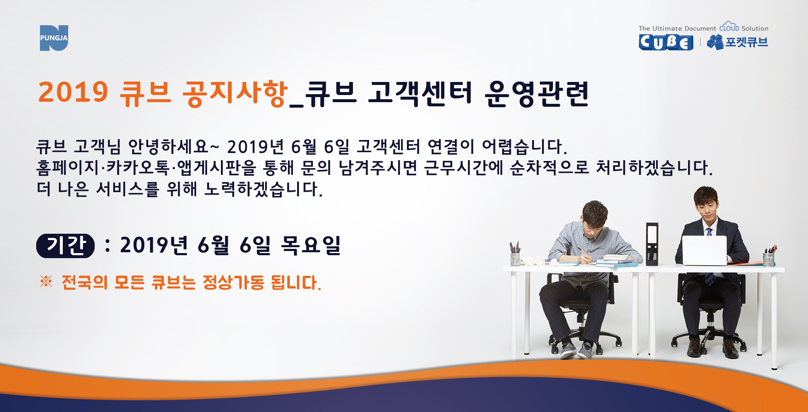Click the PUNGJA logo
point(54,38)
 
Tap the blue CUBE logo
point(666,42)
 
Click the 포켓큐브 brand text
point(746,42)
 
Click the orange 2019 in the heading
point(73,92)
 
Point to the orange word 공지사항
point(235,93)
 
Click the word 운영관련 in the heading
point(537,93)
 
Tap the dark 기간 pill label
point(65,246)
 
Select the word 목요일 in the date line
point(311,245)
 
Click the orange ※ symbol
point(46,281)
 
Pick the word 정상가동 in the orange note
point(233,282)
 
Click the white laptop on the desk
point(704,250)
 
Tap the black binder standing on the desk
point(652,244)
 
